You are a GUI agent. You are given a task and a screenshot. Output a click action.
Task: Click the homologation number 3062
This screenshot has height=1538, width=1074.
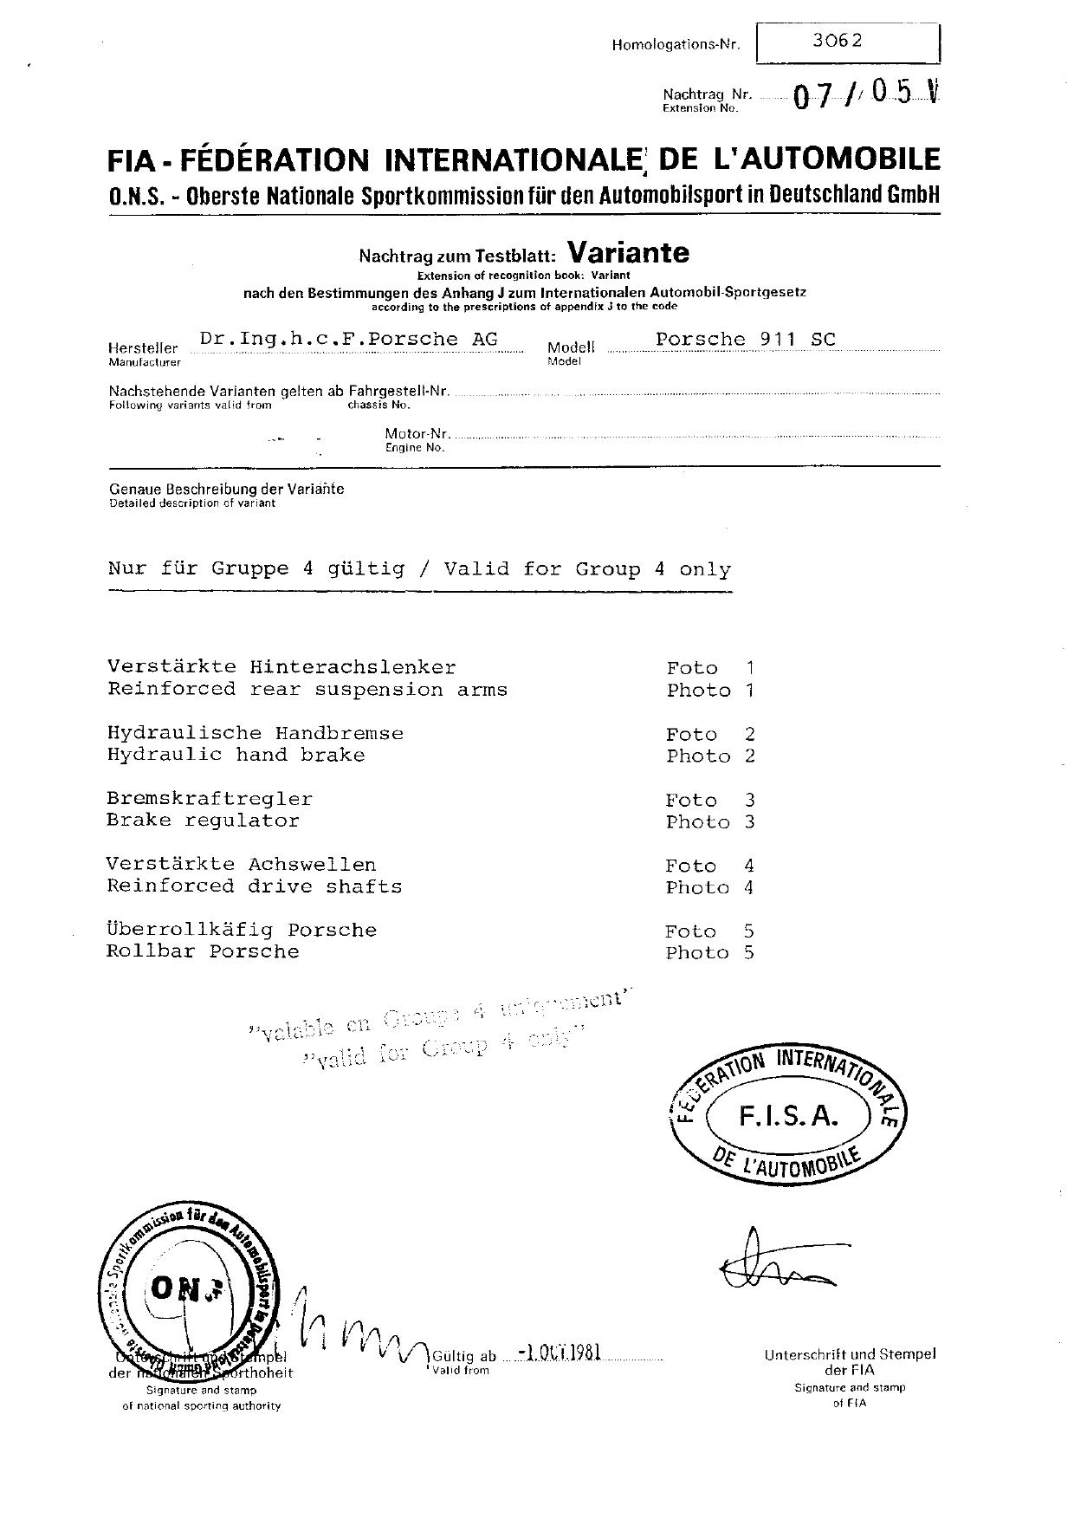[x=838, y=40]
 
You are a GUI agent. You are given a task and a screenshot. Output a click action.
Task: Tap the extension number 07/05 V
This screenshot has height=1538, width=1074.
[x=865, y=94]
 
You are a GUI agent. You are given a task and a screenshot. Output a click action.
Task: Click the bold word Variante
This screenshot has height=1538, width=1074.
[x=628, y=252]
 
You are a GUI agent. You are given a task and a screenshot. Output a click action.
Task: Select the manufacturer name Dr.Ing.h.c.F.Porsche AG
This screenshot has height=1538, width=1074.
[x=348, y=339]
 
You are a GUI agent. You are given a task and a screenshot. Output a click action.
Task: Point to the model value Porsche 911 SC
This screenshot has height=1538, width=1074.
[x=745, y=339]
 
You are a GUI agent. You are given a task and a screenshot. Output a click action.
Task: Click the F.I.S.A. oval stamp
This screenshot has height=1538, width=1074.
[x=787, y=1116]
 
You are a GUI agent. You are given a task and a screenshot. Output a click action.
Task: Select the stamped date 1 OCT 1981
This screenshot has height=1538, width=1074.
[x=559, y=1353]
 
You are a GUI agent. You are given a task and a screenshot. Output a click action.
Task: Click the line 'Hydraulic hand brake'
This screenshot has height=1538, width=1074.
[x=236, y=755]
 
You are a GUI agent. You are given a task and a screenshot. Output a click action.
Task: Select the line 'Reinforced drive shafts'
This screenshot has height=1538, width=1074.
[x=254, y=886]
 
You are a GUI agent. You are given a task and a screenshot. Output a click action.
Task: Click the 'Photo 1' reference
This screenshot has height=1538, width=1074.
[x=709, y=691]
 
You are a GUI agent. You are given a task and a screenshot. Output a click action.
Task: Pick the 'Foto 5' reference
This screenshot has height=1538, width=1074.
[x=708, y=931]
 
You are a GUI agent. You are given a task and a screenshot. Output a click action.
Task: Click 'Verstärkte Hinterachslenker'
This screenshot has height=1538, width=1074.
[x=281, y=667]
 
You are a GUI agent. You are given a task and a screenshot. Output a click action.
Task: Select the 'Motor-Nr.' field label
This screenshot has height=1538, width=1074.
[x=417, y=433]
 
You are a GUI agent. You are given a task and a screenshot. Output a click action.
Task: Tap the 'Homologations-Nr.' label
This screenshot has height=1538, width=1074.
[x=676, y=45]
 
